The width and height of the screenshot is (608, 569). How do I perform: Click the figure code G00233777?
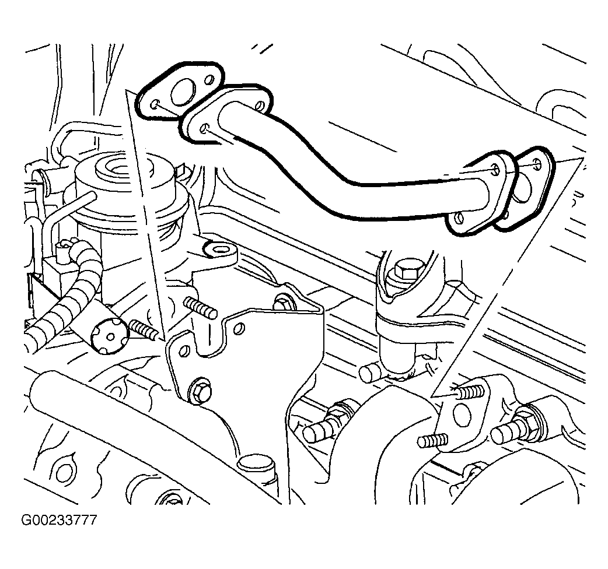point(58,519)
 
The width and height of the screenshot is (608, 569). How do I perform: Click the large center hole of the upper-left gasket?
point(182,93)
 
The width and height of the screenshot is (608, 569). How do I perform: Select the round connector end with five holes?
point(109,336)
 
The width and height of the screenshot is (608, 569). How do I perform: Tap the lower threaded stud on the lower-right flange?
point(433,440)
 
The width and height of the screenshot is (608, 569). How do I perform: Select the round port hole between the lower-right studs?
point(462,415)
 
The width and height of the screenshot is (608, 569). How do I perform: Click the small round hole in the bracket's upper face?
point(240,328)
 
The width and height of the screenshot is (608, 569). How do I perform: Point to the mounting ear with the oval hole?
point(220,252)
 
